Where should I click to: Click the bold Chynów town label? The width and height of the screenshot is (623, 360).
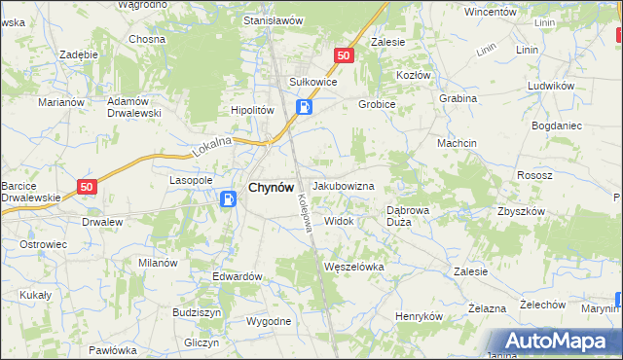tap(272, 187)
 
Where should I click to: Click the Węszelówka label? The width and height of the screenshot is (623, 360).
tap(353, 266)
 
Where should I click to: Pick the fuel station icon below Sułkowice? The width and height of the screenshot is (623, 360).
tap(305, 107)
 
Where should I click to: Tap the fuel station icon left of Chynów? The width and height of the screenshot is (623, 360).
tap(228, 199)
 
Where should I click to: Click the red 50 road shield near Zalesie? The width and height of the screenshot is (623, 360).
tap(343, 56)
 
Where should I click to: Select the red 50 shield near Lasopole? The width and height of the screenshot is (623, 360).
tap(88, 186)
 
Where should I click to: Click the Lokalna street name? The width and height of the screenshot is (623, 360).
tap(213, 147)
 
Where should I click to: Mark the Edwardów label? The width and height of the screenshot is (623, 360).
tap(238, 276)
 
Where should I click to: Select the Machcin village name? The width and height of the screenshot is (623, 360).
tap(456, 143)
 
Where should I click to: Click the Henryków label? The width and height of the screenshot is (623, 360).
tap(419, 316)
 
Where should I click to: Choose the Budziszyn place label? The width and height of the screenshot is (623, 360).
tap(198, 312)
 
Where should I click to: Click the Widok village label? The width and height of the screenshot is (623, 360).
tap(339, 221)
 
